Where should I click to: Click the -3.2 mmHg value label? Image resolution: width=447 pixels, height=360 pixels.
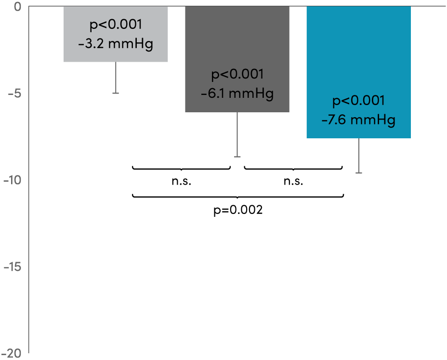(x=116, y=45)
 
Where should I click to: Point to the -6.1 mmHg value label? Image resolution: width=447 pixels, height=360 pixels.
(x=237, y=93)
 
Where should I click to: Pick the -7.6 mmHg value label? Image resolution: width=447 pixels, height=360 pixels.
(x=358, y=119)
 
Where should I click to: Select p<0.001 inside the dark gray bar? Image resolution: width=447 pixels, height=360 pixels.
(x=237, y=75)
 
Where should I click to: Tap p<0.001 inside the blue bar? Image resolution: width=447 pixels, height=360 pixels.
(x=358, y=101)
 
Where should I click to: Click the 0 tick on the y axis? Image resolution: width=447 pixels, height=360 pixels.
(x=17, y=7)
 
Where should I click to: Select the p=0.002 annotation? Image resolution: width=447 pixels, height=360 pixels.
(x=238, y=211)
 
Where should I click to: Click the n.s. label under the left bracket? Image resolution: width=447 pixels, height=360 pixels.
(x=181, y=181)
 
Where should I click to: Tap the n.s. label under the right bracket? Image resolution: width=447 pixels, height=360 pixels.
(x=293, y=181)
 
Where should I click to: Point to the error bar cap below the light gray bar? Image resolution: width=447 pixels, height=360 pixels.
(x=116, y=93)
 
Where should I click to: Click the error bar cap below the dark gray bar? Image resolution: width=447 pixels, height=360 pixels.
(x=237, y=157)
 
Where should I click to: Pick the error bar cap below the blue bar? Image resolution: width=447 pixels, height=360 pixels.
(x=358, y=173)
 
